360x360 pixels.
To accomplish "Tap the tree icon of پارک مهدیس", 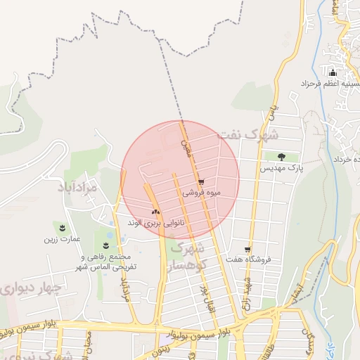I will (281, 157).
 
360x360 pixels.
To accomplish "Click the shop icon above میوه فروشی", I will (201, 181).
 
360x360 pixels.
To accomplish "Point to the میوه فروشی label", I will (202, 192).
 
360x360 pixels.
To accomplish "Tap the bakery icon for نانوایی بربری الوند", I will (155, 211).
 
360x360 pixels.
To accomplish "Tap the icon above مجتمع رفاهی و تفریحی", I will (105, 245).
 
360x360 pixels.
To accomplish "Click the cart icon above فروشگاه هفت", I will (247, 249).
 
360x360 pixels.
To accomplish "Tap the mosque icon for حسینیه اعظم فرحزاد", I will (333, 72).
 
